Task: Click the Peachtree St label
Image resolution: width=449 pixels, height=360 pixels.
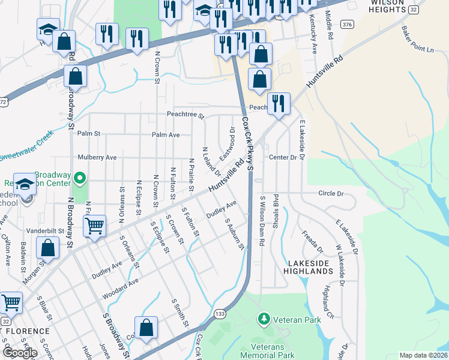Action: pos(185,115)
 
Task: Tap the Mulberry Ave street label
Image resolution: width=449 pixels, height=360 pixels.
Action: pos(97,157)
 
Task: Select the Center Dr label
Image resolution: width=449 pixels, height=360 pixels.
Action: pos(283,157)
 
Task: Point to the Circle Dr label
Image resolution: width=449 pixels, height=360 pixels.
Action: pos(331,194)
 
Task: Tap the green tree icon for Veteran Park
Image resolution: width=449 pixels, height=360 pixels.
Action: pos(263,318)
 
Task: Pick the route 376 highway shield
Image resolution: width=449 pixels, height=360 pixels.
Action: pos(346,24)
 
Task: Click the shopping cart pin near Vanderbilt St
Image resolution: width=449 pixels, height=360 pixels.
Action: pos(94,226)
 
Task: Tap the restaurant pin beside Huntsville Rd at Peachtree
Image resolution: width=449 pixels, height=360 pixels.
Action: pos(279,103)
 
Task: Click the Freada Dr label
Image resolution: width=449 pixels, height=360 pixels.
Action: pos(312,241)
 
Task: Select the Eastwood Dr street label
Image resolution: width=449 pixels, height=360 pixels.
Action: pos(226,144)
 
